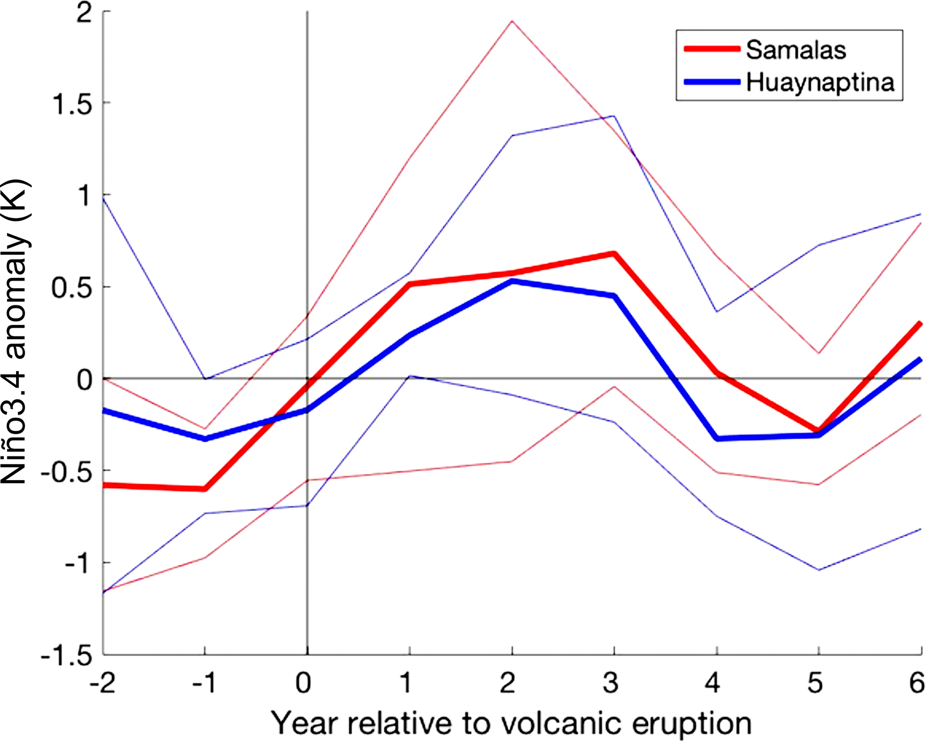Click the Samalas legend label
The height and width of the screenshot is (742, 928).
pos(796,50)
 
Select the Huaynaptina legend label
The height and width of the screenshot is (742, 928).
pos(820,83)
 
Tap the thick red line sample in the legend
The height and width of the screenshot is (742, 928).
pos(712,49)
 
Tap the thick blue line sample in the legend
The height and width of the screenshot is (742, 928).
pos(712,82)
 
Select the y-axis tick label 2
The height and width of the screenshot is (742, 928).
pos(84,13)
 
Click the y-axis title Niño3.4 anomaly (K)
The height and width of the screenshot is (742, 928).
pos(16,332)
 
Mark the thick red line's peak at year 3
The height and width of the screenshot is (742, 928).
pos(614,254)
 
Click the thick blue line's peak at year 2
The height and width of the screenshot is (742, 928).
pos(512,282)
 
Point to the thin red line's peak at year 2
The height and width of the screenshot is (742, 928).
pos(512,21)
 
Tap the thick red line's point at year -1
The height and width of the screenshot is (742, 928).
pos(205,489)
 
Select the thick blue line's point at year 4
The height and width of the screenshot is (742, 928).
pos(717,438)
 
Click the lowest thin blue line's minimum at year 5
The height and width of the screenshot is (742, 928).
pos(819,570)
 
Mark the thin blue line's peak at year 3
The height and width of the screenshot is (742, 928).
pos(614,116)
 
